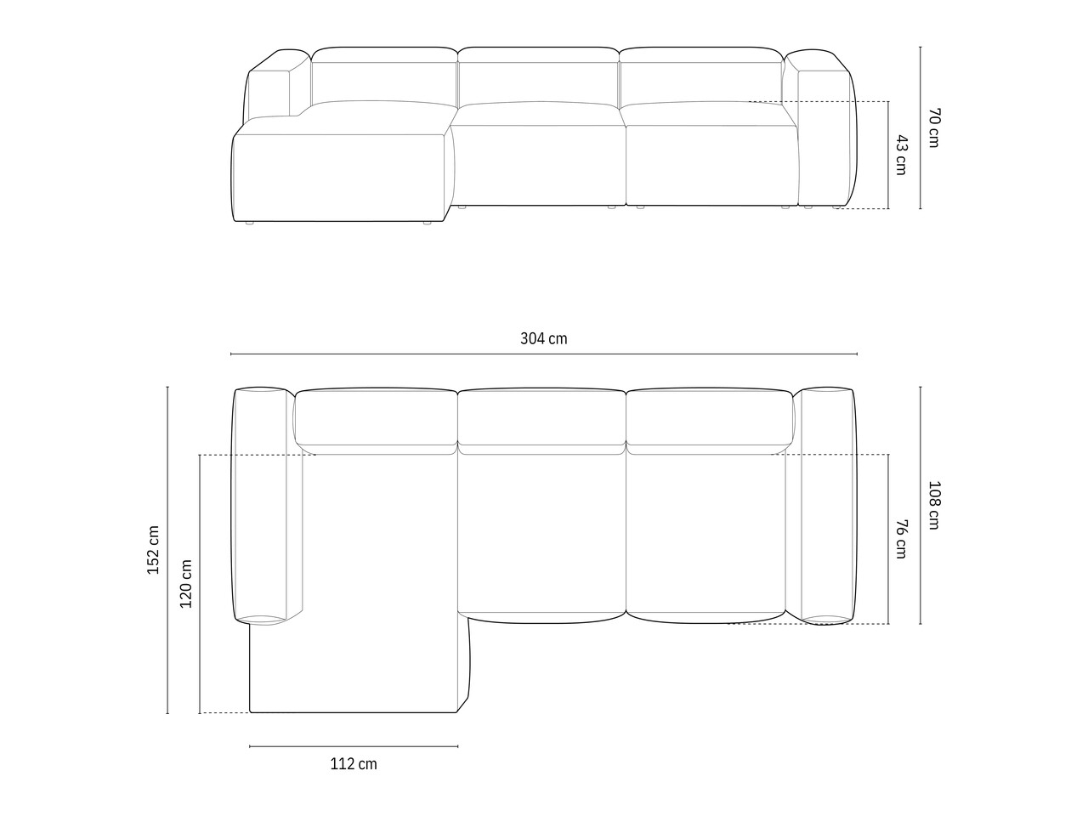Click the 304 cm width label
pos(543,338)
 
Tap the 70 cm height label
pos(934,127)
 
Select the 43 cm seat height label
pos(902,155)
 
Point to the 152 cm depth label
pos(153,550)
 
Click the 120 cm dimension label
pos(186,584)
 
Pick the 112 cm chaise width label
pos(354,764)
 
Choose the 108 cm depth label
pos(934,505)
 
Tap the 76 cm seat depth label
pos(902,539)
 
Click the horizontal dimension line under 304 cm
pos(544,354)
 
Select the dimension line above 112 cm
pos(354,746)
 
